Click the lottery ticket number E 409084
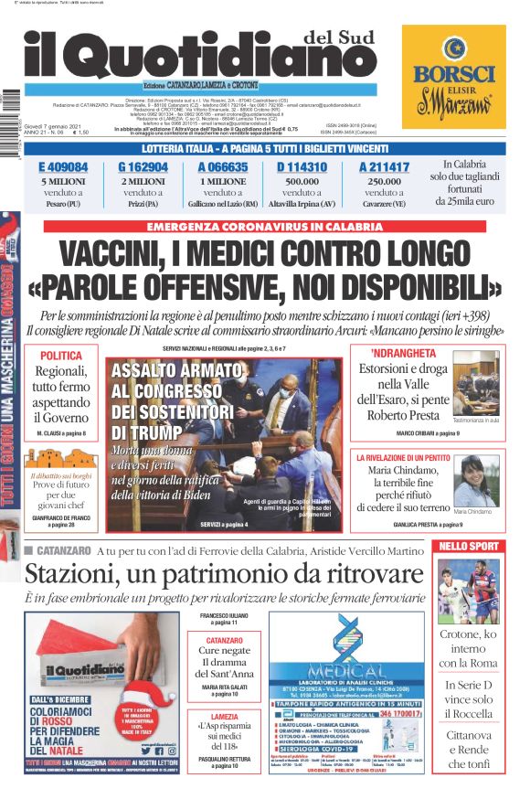coord(63,167)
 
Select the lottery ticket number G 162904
coord(143,167)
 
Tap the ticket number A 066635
coord(222,167)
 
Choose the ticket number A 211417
coord(384,167)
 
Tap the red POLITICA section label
coord(61,356)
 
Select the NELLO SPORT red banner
coord(469,547)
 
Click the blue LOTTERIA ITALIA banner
coord(265,149)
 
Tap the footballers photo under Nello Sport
coord(469,590)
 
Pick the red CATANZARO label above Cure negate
coord(224,640)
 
